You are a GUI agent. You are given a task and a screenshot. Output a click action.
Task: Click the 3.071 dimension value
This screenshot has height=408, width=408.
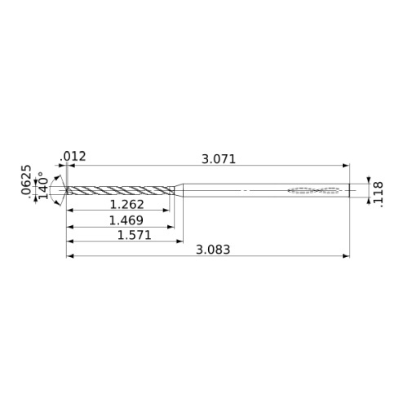(x=219, y=159)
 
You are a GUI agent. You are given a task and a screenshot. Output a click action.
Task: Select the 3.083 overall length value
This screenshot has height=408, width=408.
(x=213, y=250)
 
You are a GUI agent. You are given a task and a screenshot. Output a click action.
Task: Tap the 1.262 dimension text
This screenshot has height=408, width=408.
(x=126, y=205)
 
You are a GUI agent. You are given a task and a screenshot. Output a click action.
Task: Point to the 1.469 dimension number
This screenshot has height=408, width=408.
(x=126, y=220)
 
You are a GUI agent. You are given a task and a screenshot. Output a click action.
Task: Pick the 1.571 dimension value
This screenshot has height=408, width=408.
(x=134, y=235)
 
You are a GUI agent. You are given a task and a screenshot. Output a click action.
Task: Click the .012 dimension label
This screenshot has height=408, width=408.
(x=73, y=157)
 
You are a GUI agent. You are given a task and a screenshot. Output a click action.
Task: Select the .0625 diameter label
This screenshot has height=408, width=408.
(x=26, y=180)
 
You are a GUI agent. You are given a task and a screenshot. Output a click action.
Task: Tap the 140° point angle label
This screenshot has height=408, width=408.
(x=43, y=185)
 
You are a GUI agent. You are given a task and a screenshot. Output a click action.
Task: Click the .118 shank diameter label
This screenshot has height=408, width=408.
(x=379, y=194)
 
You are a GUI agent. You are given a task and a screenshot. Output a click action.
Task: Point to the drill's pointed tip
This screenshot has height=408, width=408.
(x=66, y=190)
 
